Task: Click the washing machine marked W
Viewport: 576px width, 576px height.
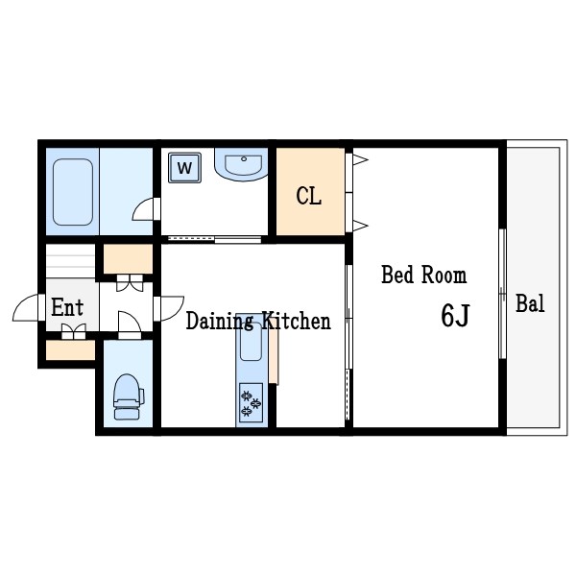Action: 184,168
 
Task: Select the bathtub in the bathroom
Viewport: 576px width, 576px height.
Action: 73,192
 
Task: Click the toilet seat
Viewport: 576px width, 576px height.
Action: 128,396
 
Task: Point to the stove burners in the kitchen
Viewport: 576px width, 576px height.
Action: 251,403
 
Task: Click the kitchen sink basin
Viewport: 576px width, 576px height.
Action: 251,342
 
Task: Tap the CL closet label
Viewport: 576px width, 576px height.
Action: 308,196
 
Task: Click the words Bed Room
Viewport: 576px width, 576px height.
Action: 424,275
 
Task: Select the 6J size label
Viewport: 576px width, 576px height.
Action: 455,315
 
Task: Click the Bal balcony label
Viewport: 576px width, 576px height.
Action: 530,303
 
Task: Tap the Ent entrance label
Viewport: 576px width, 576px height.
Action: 67,307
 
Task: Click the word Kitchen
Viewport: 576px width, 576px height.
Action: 296,321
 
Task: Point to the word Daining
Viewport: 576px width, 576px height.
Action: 220,321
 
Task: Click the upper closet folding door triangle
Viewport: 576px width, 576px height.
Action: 360,159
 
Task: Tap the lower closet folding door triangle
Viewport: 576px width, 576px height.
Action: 360,226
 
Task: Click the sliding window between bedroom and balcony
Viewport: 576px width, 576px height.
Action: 502,294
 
